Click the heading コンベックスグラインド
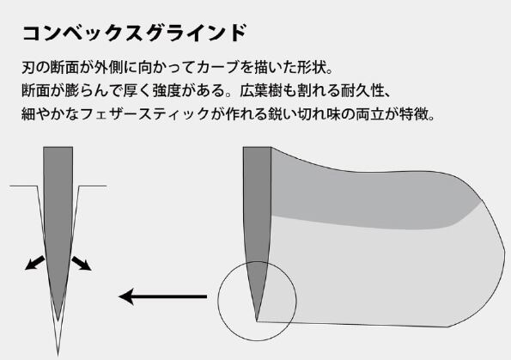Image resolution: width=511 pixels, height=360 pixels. (x=134, y=34)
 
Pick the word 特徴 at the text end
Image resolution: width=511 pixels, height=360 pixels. (x=413, y=114)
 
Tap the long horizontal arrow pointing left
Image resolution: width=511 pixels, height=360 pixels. (x=163, y=296)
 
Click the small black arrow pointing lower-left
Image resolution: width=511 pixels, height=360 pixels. (x=34, y=263)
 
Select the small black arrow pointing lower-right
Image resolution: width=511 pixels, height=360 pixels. (x=82, y=263)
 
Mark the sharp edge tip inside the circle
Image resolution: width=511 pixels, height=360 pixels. (x=257, y=321)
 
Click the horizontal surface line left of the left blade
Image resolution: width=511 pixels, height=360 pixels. (x=24, y=186)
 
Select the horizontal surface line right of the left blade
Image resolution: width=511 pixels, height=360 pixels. (x=93, y=186)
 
